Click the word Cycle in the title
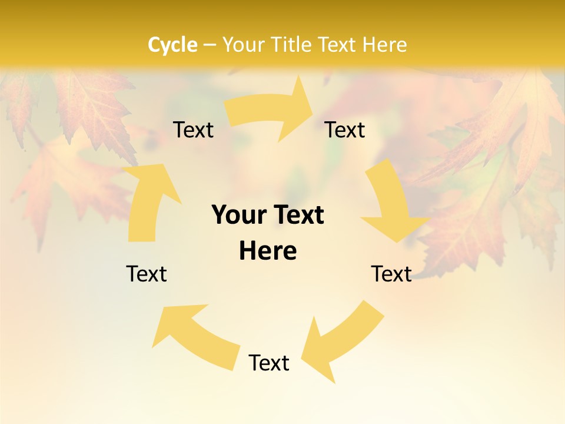[x=172, y=45]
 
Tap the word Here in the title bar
[x=384, y=45]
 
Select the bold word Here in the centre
[x=268, y=251]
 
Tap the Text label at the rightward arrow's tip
[x=345, y=130]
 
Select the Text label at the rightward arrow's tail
[x=193, y=130]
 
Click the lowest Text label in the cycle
[x=269, y=363]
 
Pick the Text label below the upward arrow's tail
[x=147, y=274]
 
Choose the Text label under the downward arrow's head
[x=391, y=274]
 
